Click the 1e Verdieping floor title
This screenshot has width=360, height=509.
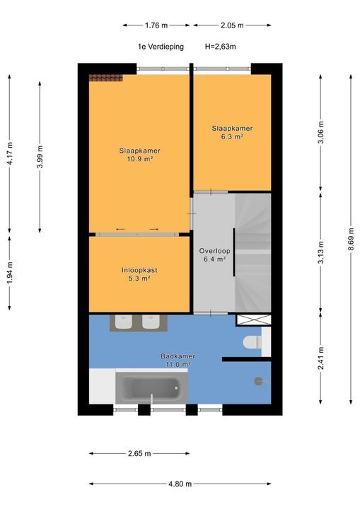point(161,47)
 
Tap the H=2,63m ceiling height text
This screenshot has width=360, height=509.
point(220,47)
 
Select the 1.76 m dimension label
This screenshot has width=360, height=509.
point(156,25)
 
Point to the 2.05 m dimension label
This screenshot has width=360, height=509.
point(232,25)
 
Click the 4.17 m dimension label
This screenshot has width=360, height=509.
point(10,153)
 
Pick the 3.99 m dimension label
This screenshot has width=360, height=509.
point(40,157)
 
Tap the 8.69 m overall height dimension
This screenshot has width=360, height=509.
point(351,239)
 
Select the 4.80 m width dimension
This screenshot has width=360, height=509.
point(180,484)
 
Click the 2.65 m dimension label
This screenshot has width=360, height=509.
point(139,453)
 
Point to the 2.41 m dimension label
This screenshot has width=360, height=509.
point(320,358)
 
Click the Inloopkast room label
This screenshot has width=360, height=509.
point(139,270)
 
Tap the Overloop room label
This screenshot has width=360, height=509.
point(214,251)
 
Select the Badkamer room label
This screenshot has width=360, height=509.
point(178,356)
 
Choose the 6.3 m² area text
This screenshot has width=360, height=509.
point(232,136)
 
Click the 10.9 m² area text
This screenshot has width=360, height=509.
point(140,159)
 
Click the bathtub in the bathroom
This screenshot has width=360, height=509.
point(151,387)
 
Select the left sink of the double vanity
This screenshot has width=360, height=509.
point(123,322)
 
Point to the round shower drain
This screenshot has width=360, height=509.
point(258,381)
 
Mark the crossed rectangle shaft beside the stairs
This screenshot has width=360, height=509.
point(253,320)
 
